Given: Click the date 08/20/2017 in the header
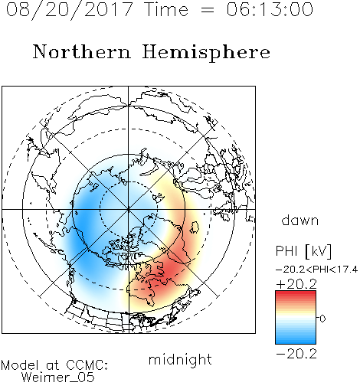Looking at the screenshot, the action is pos(69,10).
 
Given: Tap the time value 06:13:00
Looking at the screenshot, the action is pos(270,9).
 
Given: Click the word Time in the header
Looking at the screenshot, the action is pos(166,9).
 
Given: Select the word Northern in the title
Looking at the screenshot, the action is pos(81,51).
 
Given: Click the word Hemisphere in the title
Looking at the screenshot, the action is pos(206,53).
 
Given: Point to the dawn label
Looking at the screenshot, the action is pos(300,220).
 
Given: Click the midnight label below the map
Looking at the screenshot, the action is pos(180,359).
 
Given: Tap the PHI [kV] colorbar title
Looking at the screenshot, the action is pos(303,251).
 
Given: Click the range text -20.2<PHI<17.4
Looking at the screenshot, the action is pos(316,270).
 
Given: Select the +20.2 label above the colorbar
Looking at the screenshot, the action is pos(296,284).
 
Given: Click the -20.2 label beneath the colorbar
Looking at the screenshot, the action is pos(296,354).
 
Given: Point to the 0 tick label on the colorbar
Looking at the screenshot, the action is pos(322,319).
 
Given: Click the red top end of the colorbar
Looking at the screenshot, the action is pos(296,293).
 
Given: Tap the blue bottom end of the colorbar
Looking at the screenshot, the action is pos(296,341).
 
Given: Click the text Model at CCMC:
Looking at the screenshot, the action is pos(54,365).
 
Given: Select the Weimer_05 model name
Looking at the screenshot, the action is pos(57,378).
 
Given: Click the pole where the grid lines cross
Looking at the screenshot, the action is pos(129,209).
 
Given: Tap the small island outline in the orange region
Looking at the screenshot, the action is pos(195,227).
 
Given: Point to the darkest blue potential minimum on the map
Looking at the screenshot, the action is pos(82,226).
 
